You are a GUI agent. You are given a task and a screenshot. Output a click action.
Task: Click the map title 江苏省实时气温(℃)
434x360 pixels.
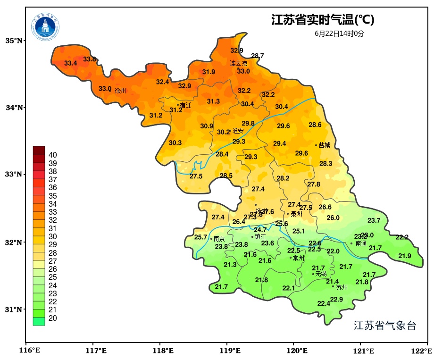[x=323, y=20]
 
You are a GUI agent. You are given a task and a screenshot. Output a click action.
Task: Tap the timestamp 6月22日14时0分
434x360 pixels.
[x=340, y=33]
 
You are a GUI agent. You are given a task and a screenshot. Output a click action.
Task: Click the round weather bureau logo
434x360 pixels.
[x=46, y=26]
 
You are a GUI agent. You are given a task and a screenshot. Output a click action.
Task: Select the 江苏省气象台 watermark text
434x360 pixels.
[x=385, y=326]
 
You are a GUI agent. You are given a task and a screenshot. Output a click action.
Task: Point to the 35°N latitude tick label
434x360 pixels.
[x=14, y=41]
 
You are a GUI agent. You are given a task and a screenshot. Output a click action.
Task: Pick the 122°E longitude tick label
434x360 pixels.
[x=422, y=351]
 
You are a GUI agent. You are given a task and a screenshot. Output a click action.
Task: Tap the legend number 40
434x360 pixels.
[x=53, y=155]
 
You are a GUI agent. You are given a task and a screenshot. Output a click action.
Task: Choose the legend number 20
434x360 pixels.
[x=53, y=318]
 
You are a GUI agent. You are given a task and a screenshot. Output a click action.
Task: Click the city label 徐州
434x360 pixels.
[x=121, y=91]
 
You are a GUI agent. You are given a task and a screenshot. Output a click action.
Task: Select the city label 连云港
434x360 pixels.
[x=239, y=63]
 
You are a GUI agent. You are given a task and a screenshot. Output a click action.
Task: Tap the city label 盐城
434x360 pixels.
[x=325, y=145]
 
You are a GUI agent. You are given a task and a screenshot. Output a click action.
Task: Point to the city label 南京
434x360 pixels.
[x=219, y=239]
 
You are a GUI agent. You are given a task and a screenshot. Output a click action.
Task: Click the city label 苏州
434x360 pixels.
[x=342, y=287]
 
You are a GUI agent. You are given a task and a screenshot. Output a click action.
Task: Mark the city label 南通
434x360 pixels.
[x=361, y=244]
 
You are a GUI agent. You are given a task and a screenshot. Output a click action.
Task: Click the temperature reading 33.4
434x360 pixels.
[x=71, y=63]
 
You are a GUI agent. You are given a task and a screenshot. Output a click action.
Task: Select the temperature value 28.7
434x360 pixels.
[x=258, y=56]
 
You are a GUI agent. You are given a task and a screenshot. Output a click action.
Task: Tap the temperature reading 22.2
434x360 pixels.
[x=402, y=237]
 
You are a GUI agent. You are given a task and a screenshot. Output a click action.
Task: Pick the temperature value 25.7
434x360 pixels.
[x=200, y=237]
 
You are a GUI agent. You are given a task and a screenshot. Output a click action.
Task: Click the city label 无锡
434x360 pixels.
[x=321, y=274]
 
